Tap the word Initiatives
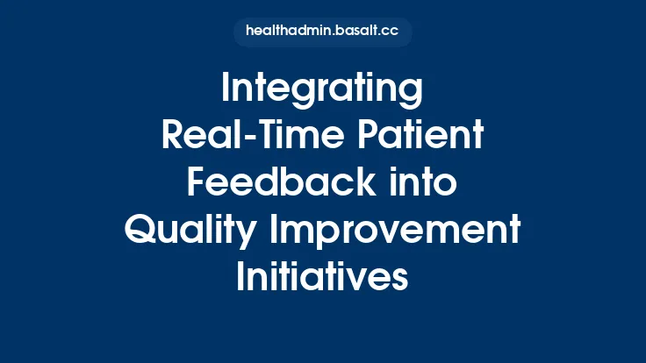click(322, 278)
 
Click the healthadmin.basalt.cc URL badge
click(322, 32)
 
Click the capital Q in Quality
click(141, 231)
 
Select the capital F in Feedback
click(197, 184)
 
